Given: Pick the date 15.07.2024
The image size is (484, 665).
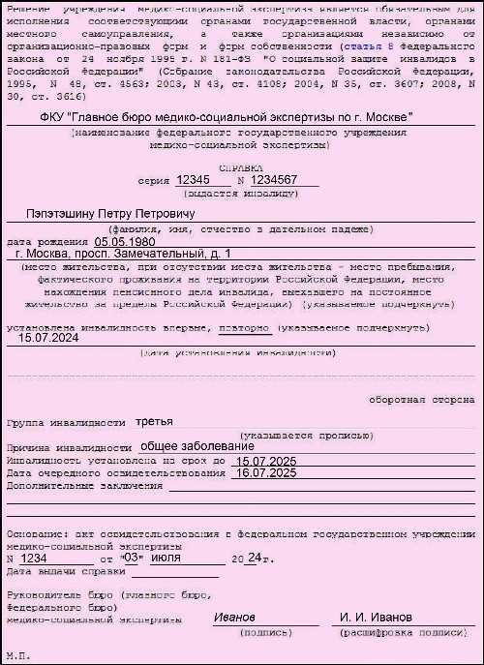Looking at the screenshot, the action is click(49, 339).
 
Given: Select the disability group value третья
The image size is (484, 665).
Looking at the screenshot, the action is click(154, 422).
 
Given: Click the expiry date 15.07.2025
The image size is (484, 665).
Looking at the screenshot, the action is click(264, 461).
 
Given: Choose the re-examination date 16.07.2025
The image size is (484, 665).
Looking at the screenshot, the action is click(265, 472).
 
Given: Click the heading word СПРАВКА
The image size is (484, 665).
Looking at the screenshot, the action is click(243, 167).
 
